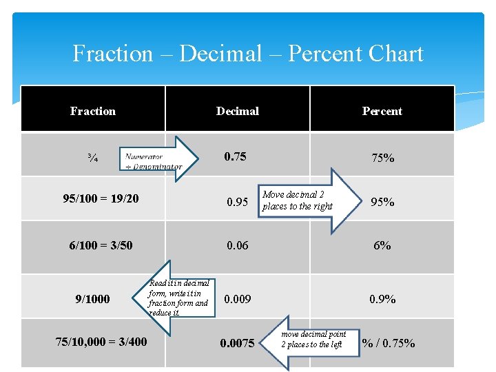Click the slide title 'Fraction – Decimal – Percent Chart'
248,54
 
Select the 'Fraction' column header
93,111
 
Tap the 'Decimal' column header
238,111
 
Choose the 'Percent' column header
382,111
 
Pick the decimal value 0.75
235,156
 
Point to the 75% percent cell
383,158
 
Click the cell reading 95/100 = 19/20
101,198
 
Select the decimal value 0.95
238,202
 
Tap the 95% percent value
383,202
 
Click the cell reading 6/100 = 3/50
101,245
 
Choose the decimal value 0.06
237,245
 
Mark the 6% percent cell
382,245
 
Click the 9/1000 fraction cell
92,299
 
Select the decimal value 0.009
238,299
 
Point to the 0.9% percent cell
382,299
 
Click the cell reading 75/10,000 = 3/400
101,341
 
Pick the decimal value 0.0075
237,342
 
